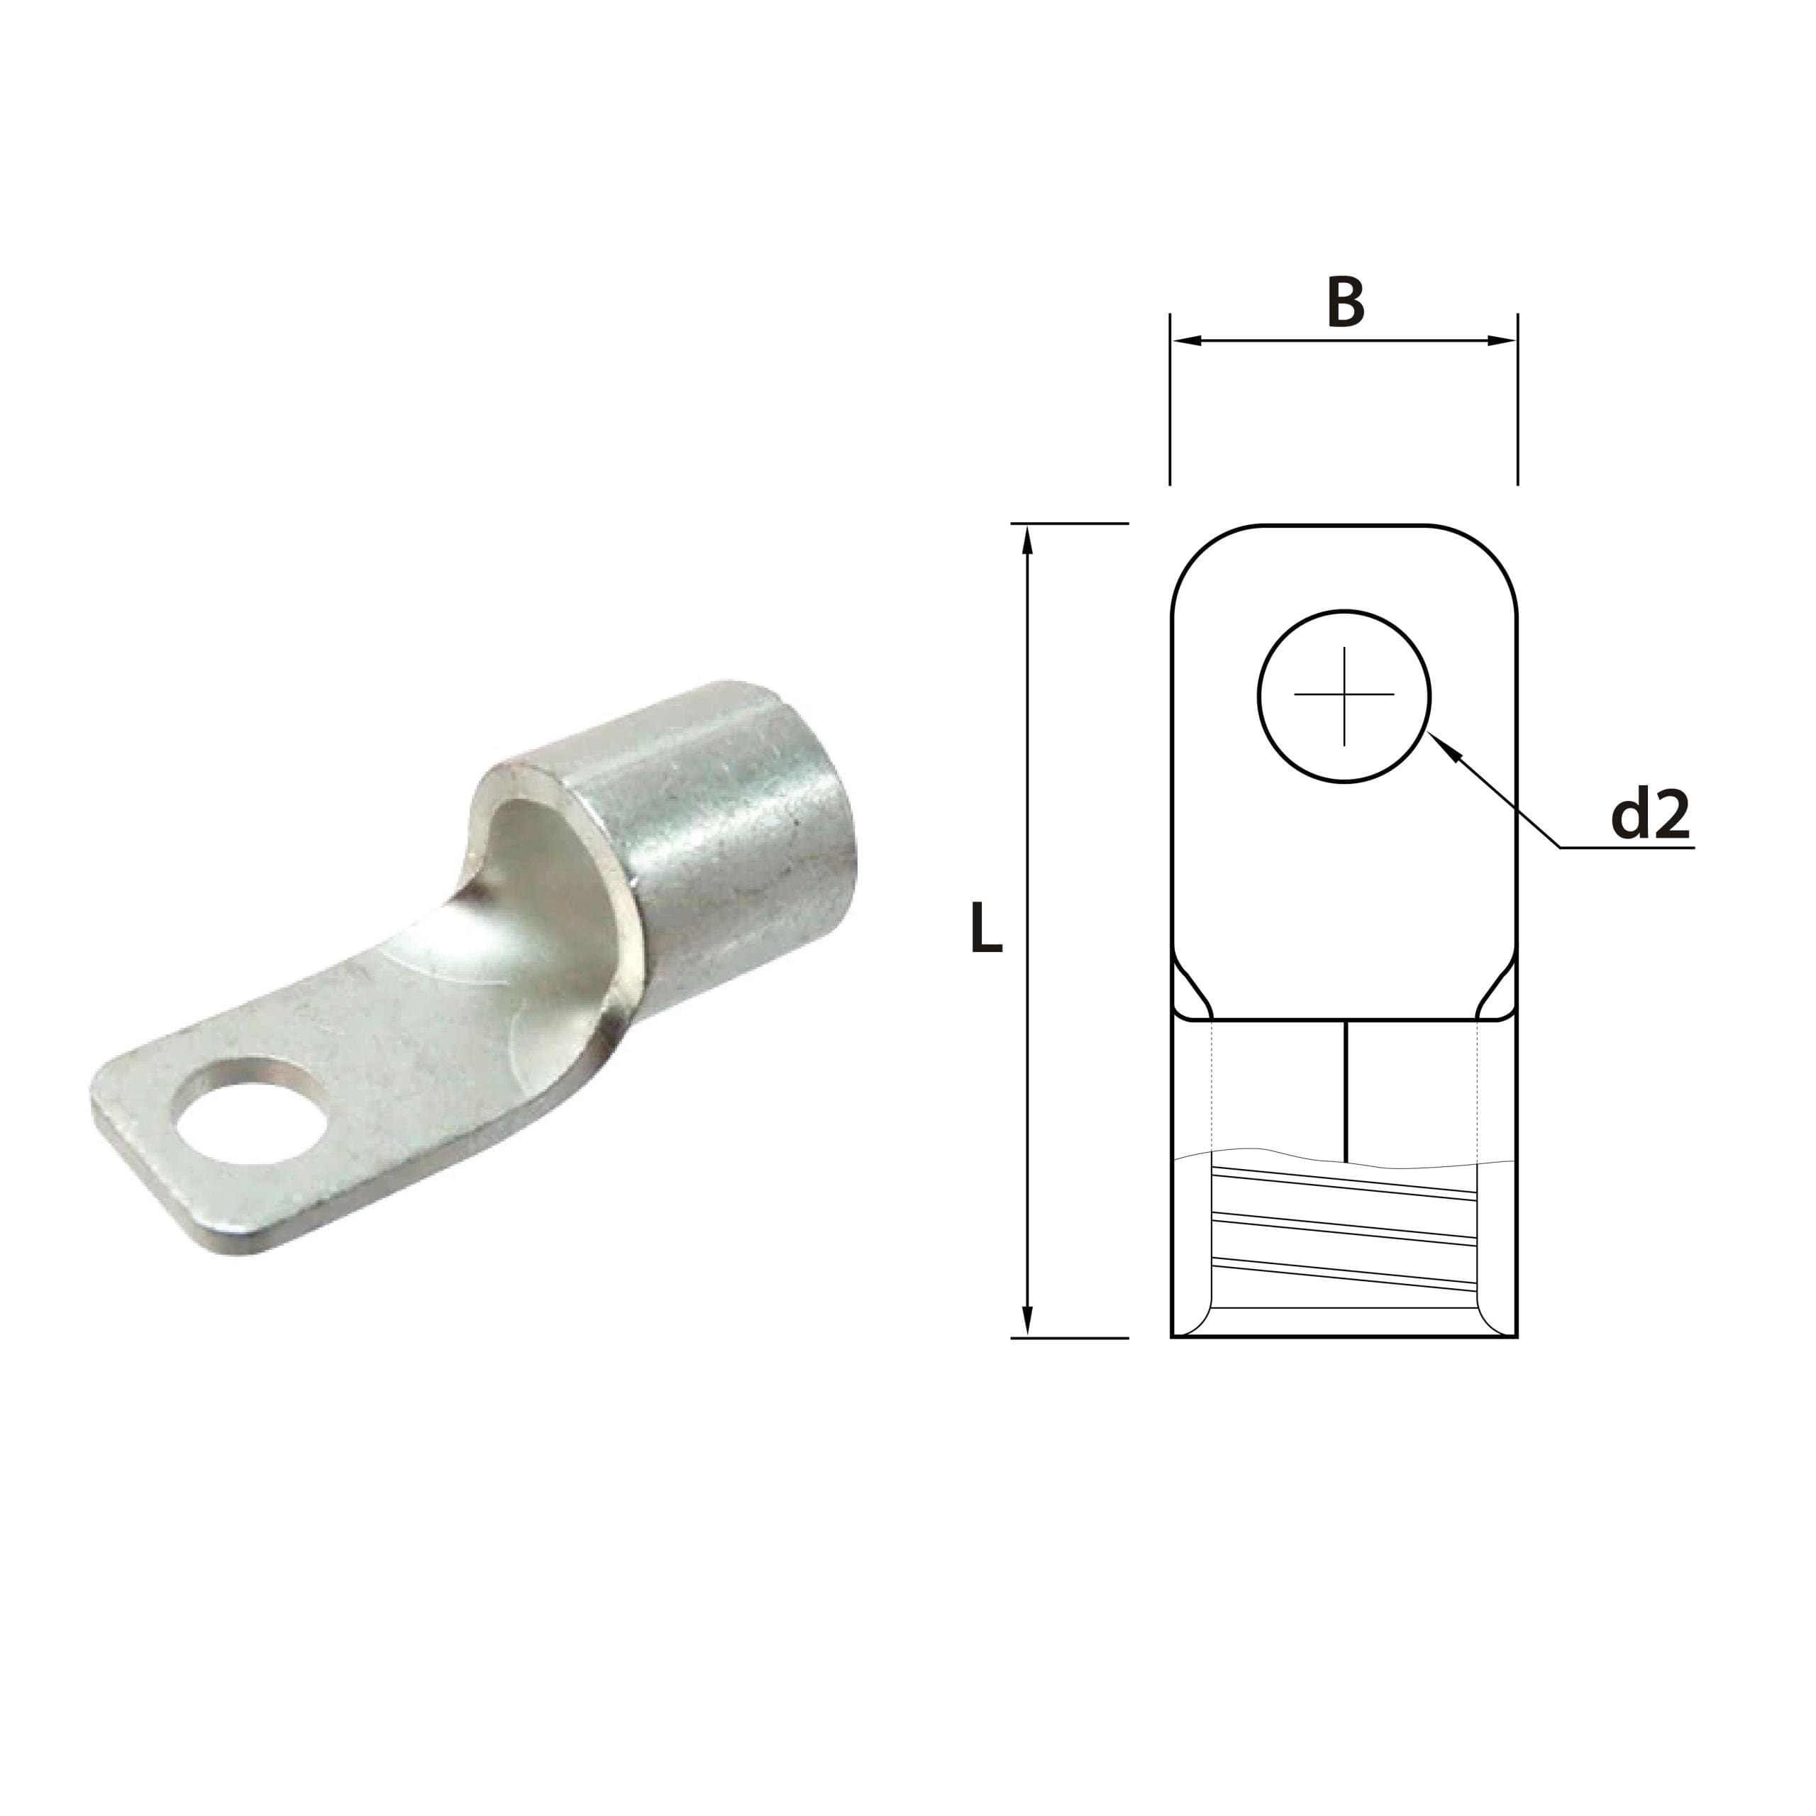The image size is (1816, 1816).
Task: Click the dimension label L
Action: pos(986,929)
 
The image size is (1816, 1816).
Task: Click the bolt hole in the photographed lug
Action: pos(252,1110)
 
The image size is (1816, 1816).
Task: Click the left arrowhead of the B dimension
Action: pos(1186,340)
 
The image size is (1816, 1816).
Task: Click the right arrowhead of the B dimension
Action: pos(1502,340)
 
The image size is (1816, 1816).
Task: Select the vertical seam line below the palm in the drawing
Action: pos(1346,1090)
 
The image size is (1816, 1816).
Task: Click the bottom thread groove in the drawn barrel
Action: pos(1344,1272)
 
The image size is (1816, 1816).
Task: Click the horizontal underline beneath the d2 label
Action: pos(1626,848)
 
